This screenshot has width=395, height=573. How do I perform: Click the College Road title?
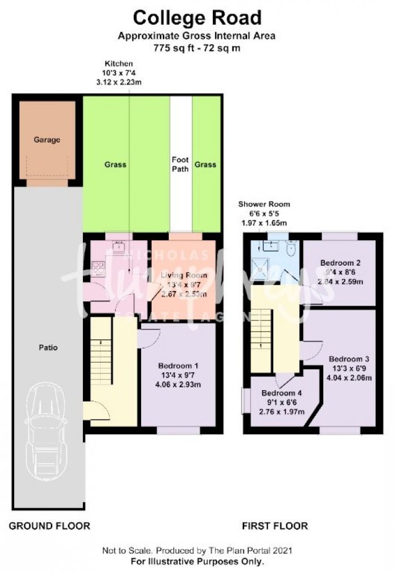click(x=197, y=18)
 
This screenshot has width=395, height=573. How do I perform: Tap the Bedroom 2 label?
click(x=340, y=263)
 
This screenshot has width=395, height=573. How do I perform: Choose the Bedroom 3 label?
click(x=349, y=359)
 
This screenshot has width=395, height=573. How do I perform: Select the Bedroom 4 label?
click(x=281, y=393)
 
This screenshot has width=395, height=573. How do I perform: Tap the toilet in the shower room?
click(x=292, y=249)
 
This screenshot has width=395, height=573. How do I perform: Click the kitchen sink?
click(x=119, y=245)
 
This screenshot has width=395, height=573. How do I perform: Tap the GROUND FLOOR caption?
click(x=49, y=526)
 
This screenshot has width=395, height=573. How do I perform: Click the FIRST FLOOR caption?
click(x=275, y=526)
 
